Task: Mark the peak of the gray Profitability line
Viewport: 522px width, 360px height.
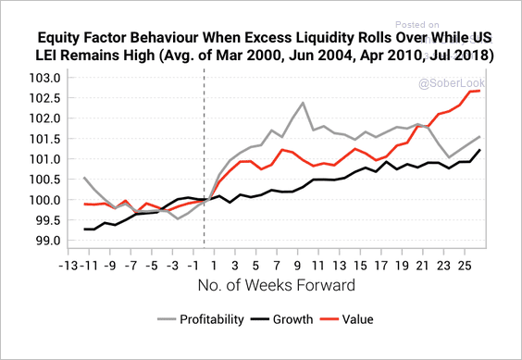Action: (303, 103)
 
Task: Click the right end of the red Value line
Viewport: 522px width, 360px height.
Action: (478, 91)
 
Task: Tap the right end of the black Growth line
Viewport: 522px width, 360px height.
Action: (478, 150)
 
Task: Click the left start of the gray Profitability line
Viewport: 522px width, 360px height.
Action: (83, 177)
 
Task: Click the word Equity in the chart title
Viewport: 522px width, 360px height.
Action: (59, 39)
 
